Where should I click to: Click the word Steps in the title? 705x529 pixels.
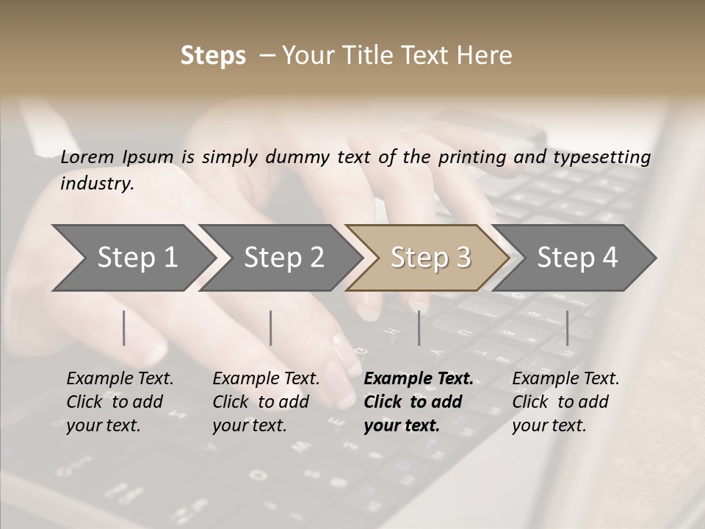coord(213,56)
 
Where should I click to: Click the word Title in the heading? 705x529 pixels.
coord(375,56)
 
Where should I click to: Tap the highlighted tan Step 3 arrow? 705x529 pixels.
coord(430,257)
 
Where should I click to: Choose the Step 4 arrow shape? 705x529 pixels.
coord(577,257)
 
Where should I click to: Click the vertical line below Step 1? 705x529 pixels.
coord(124,328)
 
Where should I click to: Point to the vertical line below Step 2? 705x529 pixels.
coord(271,328)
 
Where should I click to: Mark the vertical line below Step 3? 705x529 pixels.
coord(419,328)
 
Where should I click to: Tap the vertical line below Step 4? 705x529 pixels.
coord(568,328)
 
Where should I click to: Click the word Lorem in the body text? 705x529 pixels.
coord(87,157)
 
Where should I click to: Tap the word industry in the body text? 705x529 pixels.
coord(96,184)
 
